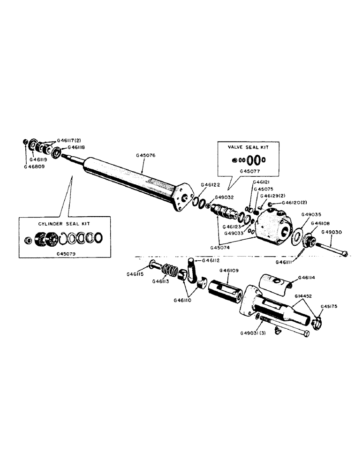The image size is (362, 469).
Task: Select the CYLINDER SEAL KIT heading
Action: point(64,224)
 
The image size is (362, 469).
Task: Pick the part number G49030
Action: point(332,232)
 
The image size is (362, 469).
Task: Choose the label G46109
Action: point(229,270)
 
